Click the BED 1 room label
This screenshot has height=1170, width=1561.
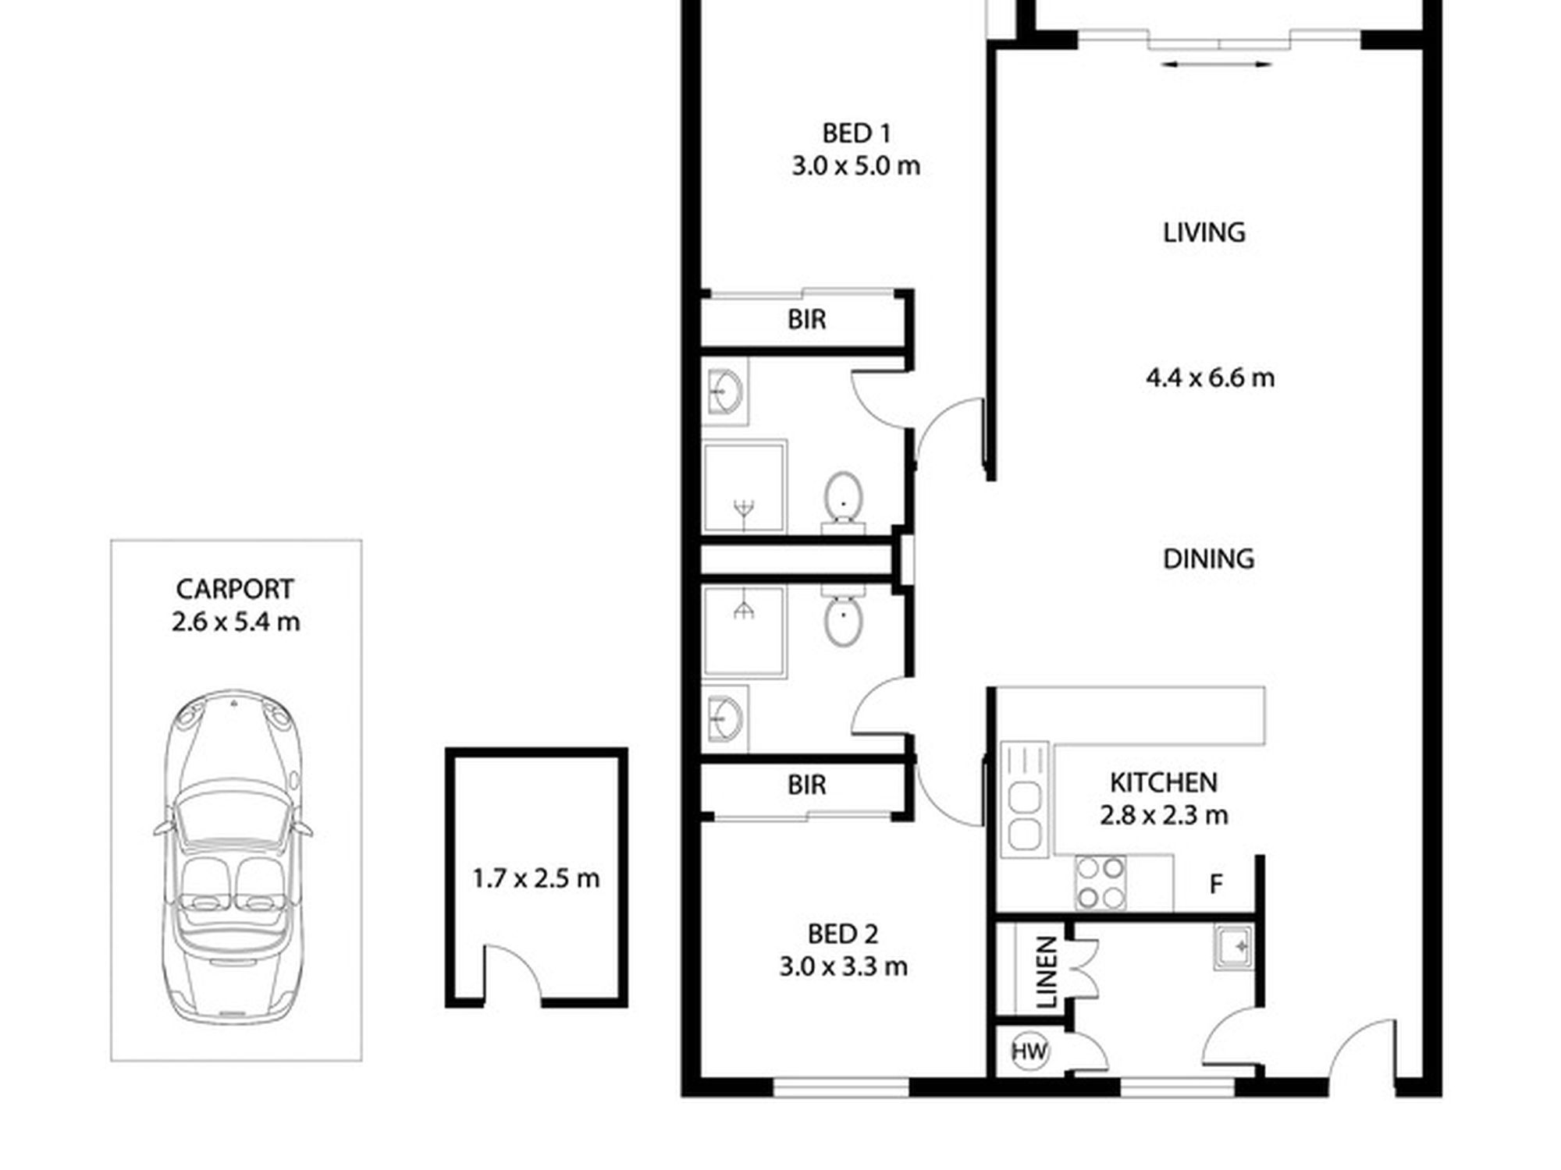tap(856, 133)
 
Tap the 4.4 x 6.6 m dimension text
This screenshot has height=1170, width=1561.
tap(1210, 378)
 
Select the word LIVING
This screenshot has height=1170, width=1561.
tap(1204, 232)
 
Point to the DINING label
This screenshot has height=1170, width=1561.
tap(1208, 558)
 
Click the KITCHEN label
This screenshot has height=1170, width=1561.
tap(1163, 782)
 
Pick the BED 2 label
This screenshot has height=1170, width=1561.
tap(843, 934)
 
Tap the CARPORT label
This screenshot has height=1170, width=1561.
tap(235, 589)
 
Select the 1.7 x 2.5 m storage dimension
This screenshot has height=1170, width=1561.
tap(536, 879)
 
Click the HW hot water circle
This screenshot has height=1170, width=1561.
tap(1029, 1051)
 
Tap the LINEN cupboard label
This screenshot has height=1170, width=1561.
tap(1045, 972)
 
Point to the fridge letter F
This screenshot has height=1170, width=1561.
tap(1215, 885)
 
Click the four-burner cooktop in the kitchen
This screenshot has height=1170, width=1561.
tap(1101, 883)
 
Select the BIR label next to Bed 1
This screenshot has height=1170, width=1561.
tap(806, 319)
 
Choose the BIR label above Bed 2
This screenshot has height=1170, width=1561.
tap(806, 785)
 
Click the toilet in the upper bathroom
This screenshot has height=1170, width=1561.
tap(843, 499)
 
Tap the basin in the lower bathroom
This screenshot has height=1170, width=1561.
tap(724, 718)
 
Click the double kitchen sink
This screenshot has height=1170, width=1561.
tap(1025, 799)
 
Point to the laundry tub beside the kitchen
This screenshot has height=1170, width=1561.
tap(1233, 947)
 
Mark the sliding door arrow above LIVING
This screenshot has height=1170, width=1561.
tap(1217, 65)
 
